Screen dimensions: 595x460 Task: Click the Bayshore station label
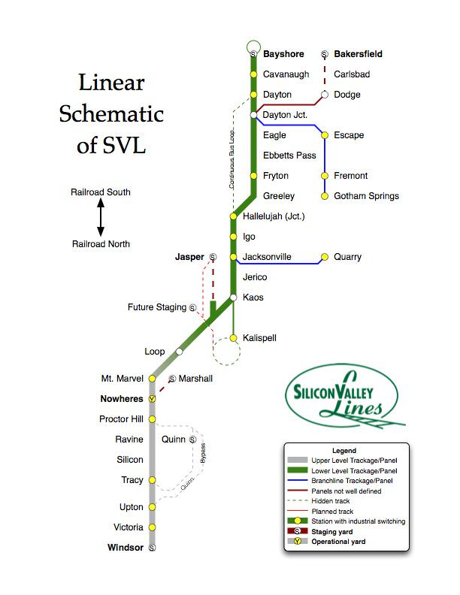coord(283,54)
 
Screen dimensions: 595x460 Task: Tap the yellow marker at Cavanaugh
coord(253,74)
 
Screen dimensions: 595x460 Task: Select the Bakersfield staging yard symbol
coord(325,54)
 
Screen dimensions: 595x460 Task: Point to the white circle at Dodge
coord(325,95)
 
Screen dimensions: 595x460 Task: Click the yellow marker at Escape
coord(325,135)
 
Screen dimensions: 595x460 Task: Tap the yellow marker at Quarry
coord(325,257)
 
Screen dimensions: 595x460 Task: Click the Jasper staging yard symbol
coord(213,257)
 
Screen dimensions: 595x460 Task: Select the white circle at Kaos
coord(234,297)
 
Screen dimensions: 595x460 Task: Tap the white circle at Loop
coord(179,352)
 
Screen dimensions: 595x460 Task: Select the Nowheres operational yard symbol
coord(152,399)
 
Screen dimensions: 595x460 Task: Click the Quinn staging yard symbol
coord(193,439)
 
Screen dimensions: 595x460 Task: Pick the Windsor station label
coord(125,548)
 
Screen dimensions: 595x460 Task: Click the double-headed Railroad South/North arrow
coord(101,218)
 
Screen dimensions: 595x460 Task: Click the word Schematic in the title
coord(111,114)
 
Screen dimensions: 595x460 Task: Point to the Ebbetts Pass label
coord(289,156)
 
